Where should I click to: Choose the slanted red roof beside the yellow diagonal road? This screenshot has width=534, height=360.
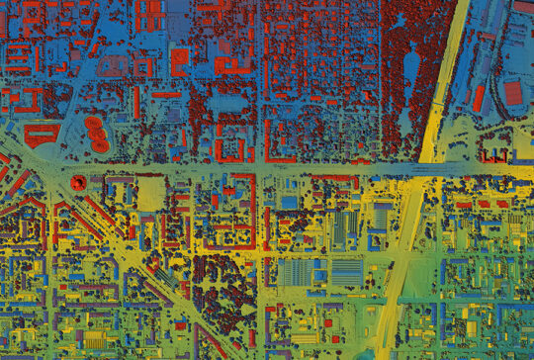click(x=478, y=98)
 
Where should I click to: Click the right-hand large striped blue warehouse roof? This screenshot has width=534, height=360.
click(x=347, y=272)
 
